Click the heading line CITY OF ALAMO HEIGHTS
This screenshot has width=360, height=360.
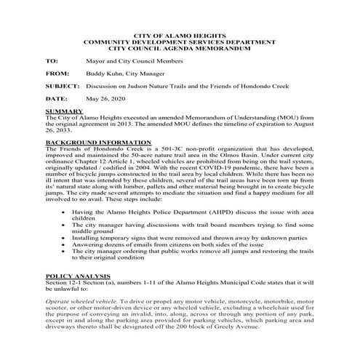[180, 35]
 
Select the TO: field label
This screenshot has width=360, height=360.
[51, 63]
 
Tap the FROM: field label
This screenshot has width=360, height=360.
[55, 74]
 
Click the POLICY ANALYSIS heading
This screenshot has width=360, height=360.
[76, 276]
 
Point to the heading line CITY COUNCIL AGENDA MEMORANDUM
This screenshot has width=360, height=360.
[180, 48]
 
